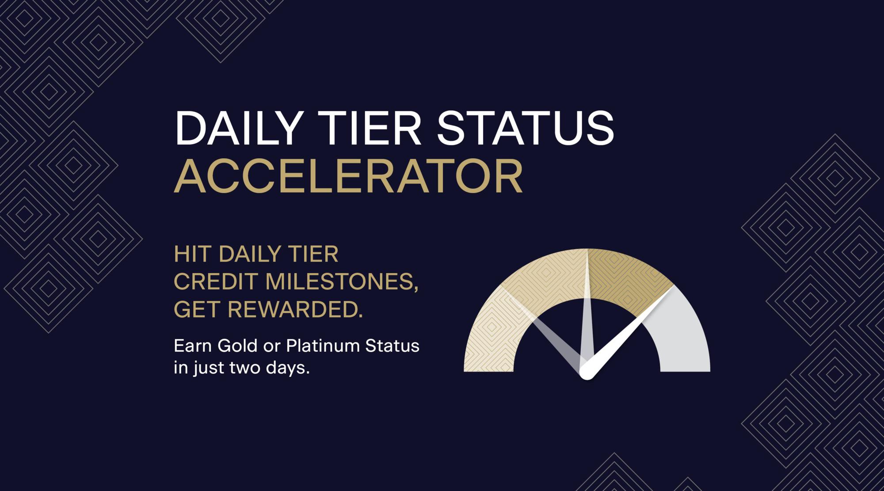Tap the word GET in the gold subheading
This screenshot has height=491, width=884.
click(196, 309)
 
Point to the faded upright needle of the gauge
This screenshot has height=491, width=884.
click(587, 309)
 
